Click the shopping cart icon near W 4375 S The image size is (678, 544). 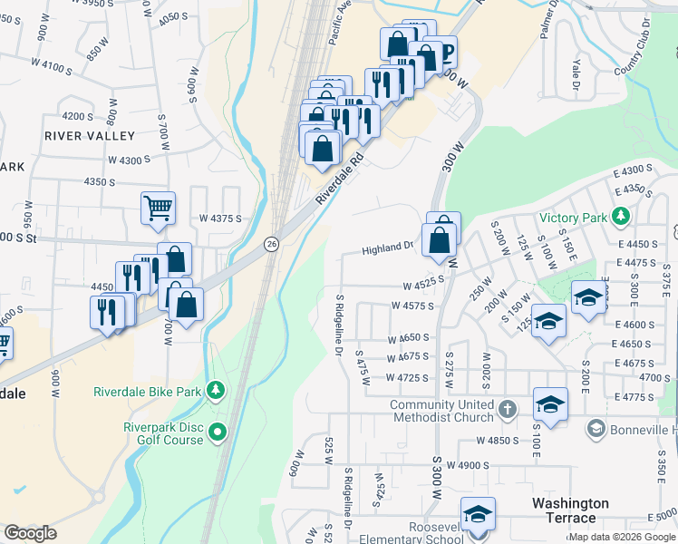pyautogui.click(x=158, y=209)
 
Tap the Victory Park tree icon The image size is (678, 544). pyautogui.click(x=621, y=217)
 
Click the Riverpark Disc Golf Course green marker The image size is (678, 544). pyautogui.click(x=218, y=434)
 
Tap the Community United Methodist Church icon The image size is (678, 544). pyautogui.click(x=507, y=411)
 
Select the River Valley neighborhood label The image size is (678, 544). pyautogui.click(x=89, y=136)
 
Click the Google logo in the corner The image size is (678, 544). pyautogui.click(x=30, y=533)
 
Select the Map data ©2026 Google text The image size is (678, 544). pyautogui.click(x=622, y=537)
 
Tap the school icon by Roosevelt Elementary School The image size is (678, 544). pyautogui.click(x=477, y=515)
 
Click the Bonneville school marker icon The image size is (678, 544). pyautogui.click(x=596, y=428)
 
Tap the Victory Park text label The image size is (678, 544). pyautogui.click(x=574, y=218)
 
